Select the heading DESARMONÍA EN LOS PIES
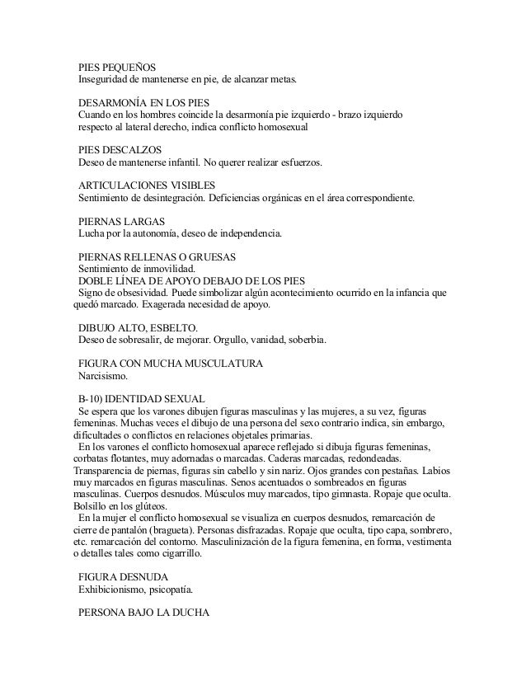pyautogui.click(x=133, y=102)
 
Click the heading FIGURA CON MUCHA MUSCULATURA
pyautogui.click(x=170, y=364)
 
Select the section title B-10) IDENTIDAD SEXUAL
pyautogui.click(x=141, y=399)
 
